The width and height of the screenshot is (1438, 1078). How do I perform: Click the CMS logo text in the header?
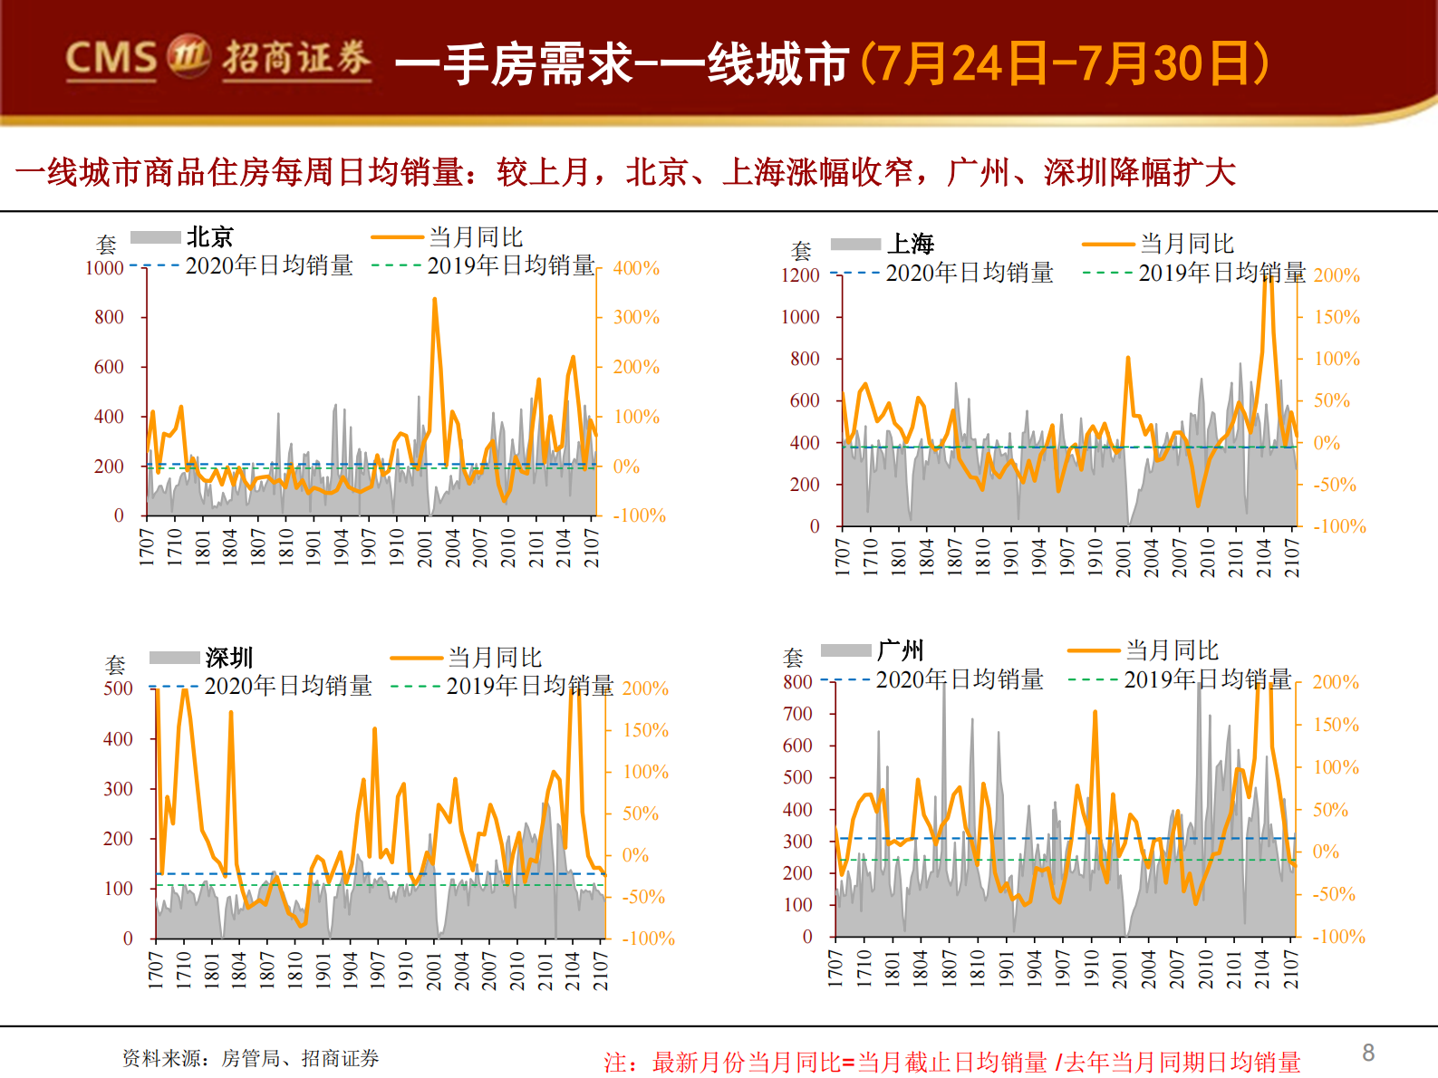click(x=111, y=58)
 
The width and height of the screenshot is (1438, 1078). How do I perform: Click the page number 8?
click(x=1368, y=1053)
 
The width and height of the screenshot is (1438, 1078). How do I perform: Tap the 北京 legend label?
click(x=209, y=237)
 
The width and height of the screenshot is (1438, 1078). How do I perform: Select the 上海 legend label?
click(x=911, y=244)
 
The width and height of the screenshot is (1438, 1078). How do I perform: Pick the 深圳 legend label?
click(x=228, y=658)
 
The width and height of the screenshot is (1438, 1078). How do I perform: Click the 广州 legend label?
click(x=900, y=650)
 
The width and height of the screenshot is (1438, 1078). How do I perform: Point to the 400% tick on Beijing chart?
click(x=636, y=268)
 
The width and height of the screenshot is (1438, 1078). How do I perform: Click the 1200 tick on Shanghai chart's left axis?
click(x=800, y=275)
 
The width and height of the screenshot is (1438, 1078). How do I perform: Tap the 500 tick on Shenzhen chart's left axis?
click(x=118, y=688)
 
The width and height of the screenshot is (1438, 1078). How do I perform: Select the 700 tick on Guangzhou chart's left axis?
click(x=797, y=714)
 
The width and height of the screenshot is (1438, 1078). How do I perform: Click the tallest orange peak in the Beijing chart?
click(x=434, y=300)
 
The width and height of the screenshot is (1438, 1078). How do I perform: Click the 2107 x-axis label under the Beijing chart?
click(x=592, y=548)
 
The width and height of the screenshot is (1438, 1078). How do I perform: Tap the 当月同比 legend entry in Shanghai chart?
click(x=1186, y=244)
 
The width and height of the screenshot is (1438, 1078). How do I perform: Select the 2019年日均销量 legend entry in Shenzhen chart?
click(x=529, y=686)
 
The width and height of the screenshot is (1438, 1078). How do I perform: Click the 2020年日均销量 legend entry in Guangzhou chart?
click(x=959, y=679)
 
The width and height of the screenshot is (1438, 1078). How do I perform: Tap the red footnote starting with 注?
click(x=951, y=1062)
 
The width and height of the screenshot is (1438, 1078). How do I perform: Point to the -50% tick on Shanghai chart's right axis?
click(x=1335, y=485)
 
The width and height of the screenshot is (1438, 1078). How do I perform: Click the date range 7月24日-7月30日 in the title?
click(x=1065, y=63)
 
